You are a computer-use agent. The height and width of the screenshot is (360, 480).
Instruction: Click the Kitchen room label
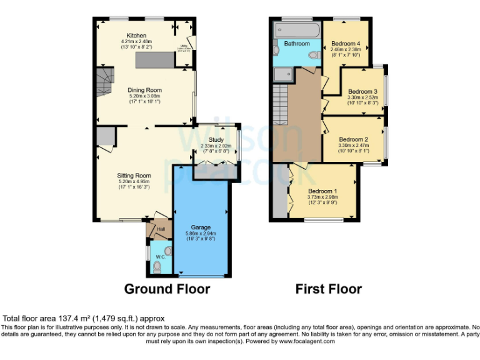pos(136,36)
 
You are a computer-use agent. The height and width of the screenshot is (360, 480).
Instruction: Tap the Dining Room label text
pos(145,90)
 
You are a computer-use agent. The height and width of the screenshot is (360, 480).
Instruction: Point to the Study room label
pos(216,140)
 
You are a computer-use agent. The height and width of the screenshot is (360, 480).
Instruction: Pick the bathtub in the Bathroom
pos(297,30)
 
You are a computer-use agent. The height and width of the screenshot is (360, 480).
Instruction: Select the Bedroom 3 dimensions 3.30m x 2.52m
pos(363,97)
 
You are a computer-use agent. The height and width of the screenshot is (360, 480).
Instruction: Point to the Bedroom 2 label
pos(353,139)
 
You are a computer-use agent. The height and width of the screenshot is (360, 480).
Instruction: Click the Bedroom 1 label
pos(322,191)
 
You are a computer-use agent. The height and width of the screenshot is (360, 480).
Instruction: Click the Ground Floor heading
pos(167,289)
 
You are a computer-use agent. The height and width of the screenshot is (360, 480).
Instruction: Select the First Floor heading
pos(329,289)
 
